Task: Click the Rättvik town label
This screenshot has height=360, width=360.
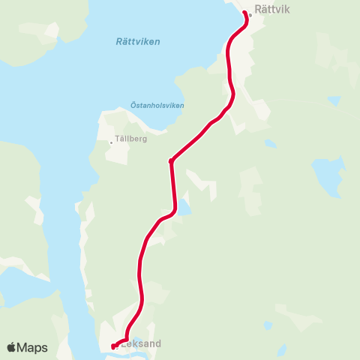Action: coord(271,10)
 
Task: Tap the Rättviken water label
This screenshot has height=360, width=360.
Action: coord(138,41)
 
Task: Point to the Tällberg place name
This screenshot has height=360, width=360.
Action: coord(131,139)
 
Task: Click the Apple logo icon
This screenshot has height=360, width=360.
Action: coord(10,347)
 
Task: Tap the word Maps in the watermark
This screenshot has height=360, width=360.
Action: coord(33,347)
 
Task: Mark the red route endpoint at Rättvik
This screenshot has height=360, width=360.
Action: coord(244,12)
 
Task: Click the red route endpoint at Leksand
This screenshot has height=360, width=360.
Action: coord(113,346)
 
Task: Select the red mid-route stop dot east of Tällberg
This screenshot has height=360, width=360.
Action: coord(172,160)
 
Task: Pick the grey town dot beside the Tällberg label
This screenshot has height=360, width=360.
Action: coord(111,142)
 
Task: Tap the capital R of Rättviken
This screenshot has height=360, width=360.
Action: coord(119,41)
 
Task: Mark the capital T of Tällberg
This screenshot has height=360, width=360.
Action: coord(117,139)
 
